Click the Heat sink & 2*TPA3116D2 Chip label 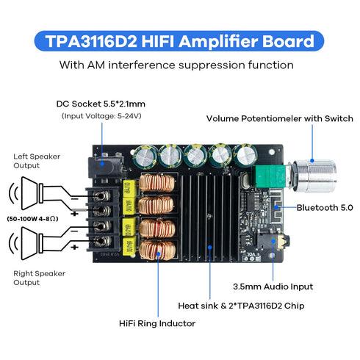[x=242, y=304]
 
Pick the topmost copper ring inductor [x=156, y=185]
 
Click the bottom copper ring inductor [x=156, y=249]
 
